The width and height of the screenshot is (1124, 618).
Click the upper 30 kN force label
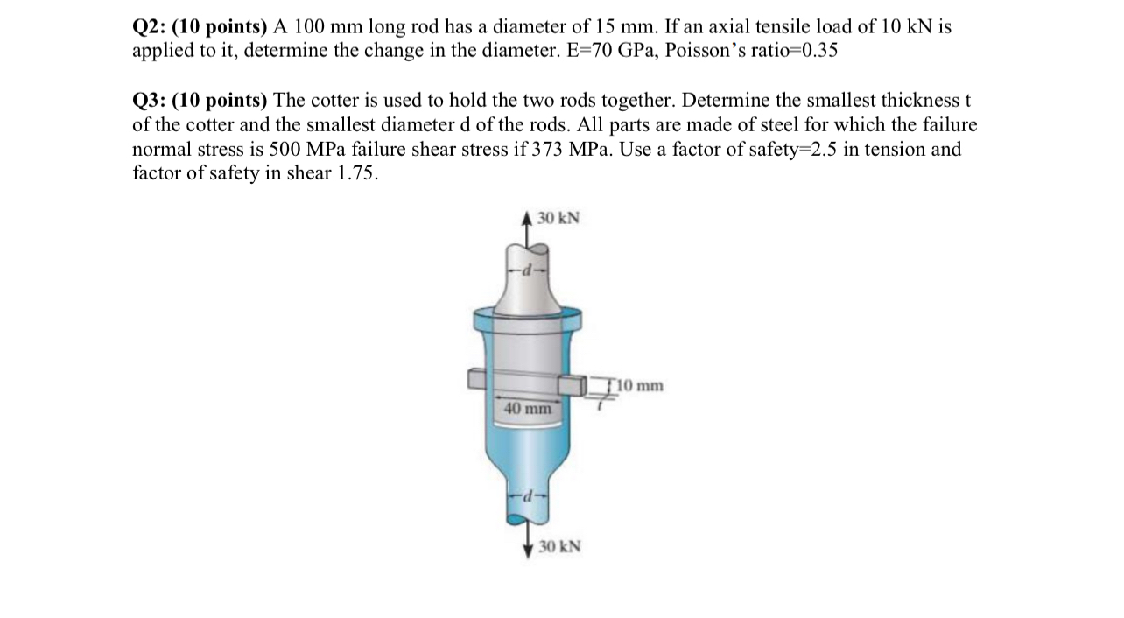coord(558,218)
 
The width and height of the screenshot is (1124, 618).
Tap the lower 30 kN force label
coord(559,547)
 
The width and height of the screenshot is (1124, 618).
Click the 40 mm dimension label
coord(528,408)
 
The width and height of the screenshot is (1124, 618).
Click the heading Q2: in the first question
coord(150,27)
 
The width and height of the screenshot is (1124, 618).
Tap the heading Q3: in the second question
coord(150,102)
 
